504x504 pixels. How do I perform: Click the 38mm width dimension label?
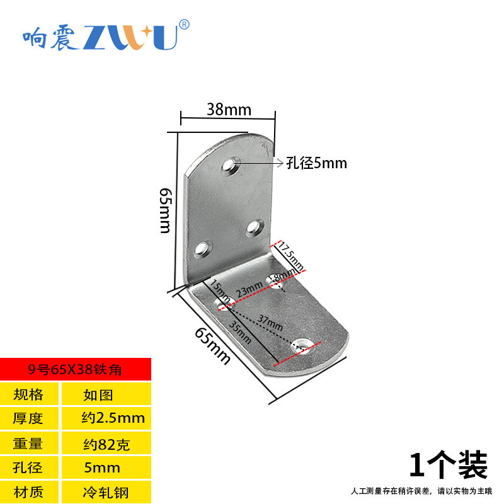[x=229, y=110]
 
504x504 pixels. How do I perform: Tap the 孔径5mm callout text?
[x=317, y=163]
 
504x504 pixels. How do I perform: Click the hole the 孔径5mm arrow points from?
[x=231, y=166]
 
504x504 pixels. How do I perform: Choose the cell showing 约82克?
[x=106, y=444]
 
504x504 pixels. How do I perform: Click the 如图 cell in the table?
[x=98, y=395]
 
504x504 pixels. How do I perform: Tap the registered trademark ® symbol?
[x=184, y=25]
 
